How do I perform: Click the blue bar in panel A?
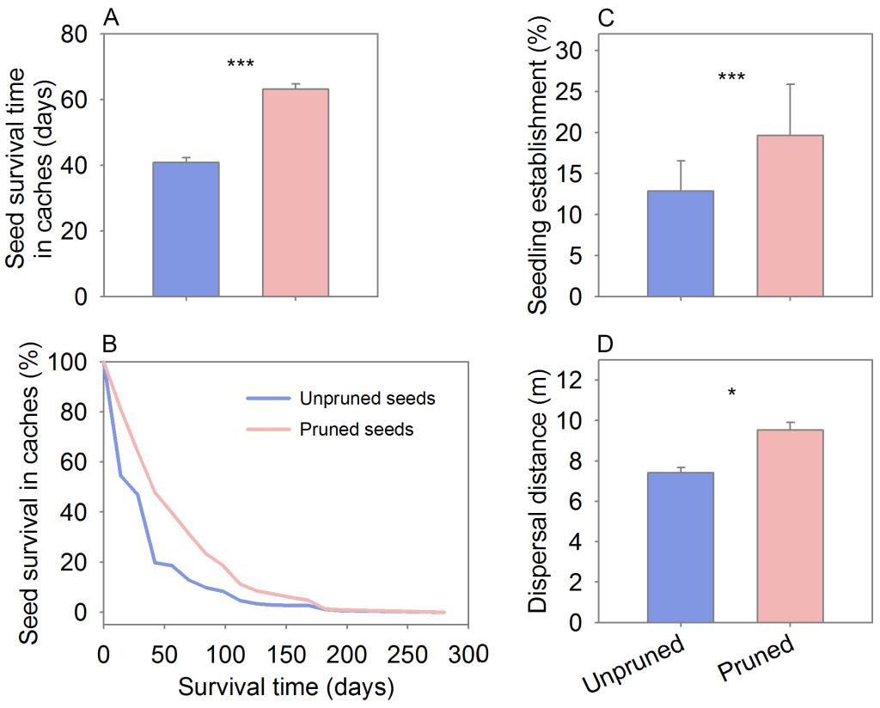(186, 229)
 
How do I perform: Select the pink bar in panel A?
(296, 193)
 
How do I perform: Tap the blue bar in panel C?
(681, 244)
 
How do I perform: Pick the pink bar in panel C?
(791, 217)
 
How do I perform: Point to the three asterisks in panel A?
(241, 64)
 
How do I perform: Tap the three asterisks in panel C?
(731, 78)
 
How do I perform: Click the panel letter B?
(109, 345)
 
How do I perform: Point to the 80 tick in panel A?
(77, 34)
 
